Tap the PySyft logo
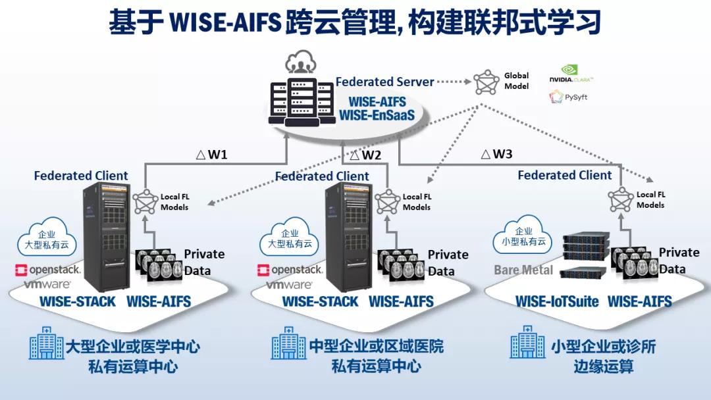click(x=568, y=97)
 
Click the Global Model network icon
click(x=487, y=82)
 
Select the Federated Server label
click(x=384, y=82)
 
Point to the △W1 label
click(x=212, y=155)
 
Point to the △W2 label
click(x=363, y=155)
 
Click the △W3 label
click(x=496, y=155)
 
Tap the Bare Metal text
click(x=523, y=270)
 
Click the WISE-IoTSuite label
click(x=557, y=302)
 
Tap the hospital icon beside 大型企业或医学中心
click(x=47, y=343)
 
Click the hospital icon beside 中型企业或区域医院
click(x=288, y=343)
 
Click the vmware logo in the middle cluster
click(x=289, y=286)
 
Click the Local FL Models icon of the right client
click(x=620, y=197)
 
